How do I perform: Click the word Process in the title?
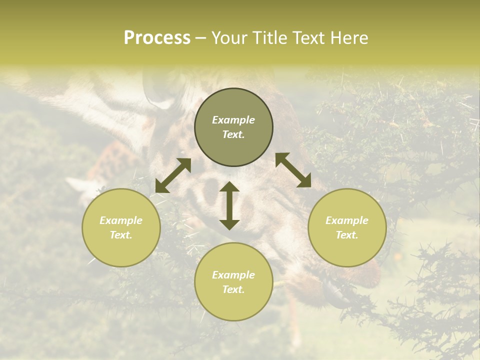click(x=157, y=38)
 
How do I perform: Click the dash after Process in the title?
click(x=201, y=39)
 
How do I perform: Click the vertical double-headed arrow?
click(x=229, y=205)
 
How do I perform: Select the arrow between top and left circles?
click(x=173, y=175)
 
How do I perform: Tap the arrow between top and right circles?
click(x=293, y=170)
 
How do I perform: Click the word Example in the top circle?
click(x=233, y=120)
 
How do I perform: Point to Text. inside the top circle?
click(x=233, y=134)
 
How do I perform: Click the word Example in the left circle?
click(x=121, y=220)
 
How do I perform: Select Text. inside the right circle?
click(x=347, y=235)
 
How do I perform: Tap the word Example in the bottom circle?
click(x=233, y=275)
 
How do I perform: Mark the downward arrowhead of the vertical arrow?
click(x=229, y=224)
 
